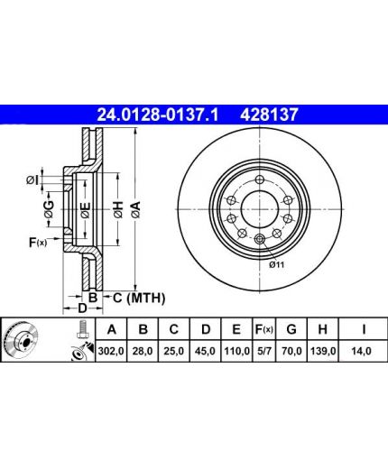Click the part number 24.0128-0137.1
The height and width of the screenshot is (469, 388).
(157, 115)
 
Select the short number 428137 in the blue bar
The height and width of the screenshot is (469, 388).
(269, 115)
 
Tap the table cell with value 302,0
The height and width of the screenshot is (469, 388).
(111, 351)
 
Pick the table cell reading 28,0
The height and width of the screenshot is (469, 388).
(143, 351)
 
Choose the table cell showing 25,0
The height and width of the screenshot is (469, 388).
(174, 351)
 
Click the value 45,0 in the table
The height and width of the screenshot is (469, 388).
(205, 351)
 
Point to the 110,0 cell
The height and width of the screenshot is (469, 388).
(236, 351)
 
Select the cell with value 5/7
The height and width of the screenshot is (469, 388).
(263, 351)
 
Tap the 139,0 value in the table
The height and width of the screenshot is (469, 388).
(322, 351)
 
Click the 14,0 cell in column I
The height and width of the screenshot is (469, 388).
(362, 351)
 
